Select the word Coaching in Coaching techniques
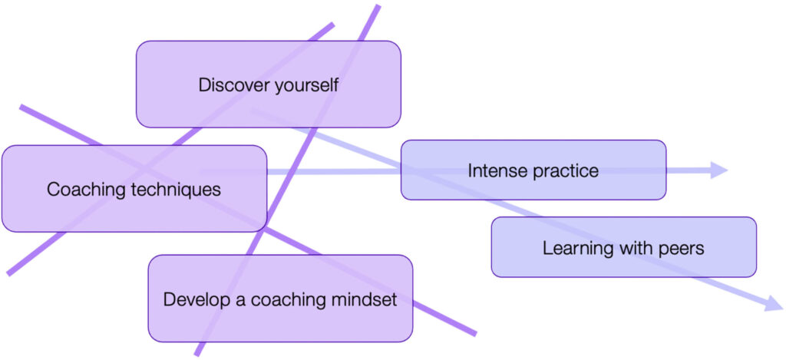click(x=81, y=189)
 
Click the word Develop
click(x=195, y=299)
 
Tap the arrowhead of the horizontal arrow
click(x=719, y=170)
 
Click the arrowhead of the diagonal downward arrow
click(x=773, y=304)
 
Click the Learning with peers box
click(x=623, y=265)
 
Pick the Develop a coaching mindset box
click(x=280, y=322)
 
